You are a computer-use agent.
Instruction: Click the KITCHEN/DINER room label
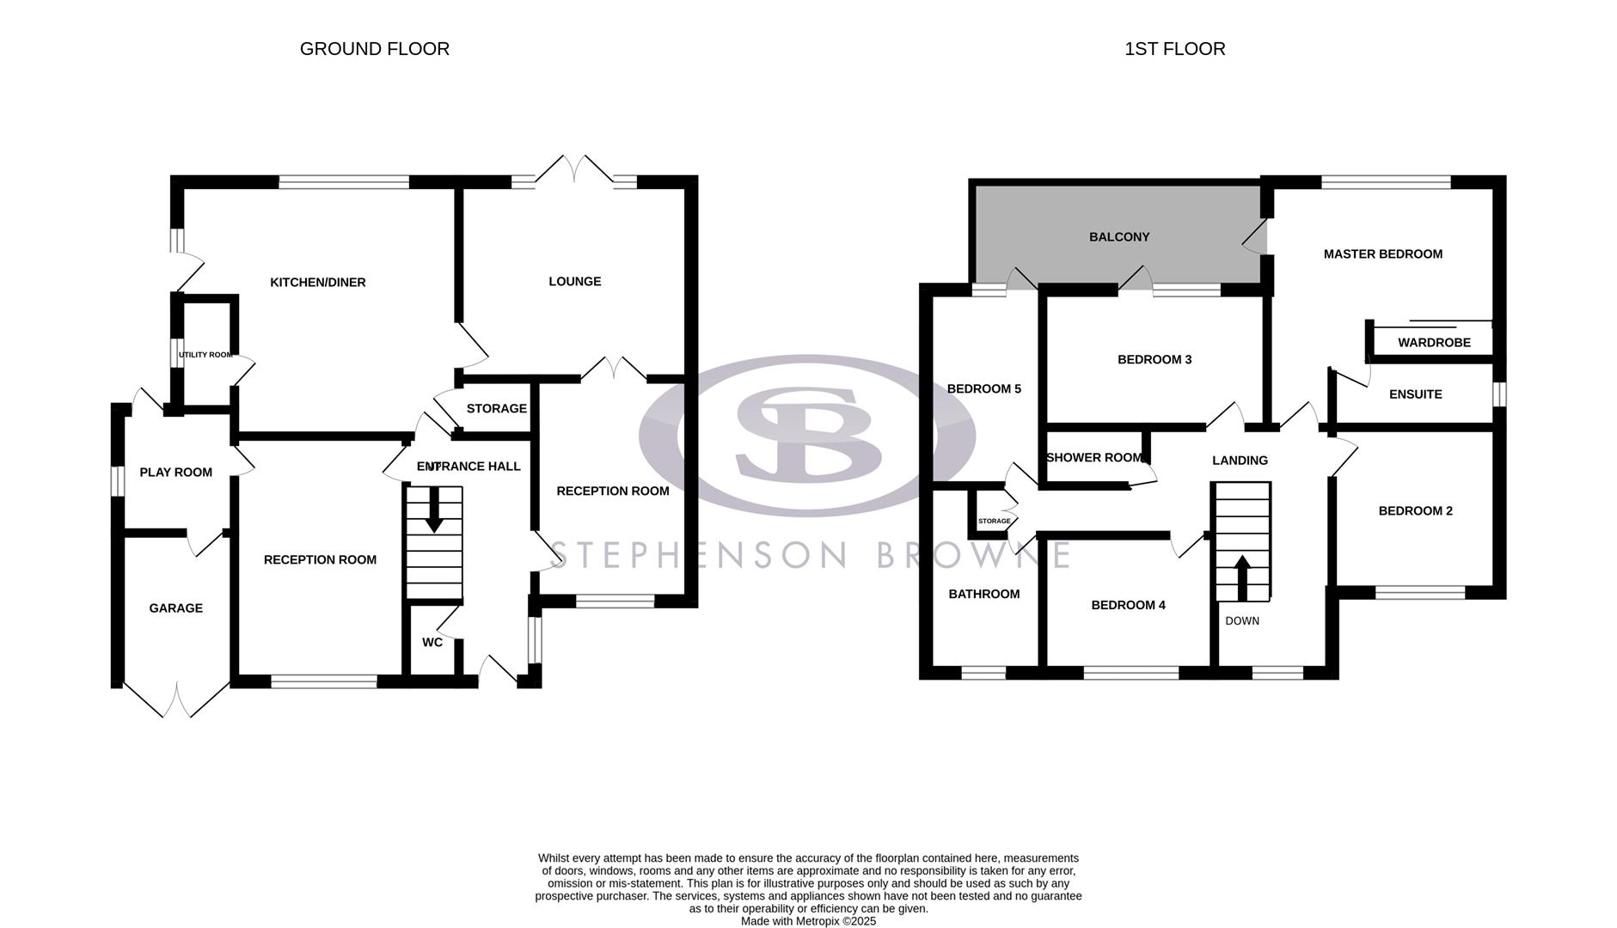[318, 283]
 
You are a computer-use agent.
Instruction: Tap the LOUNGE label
[575, 282]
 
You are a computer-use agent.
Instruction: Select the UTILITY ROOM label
[205, 355]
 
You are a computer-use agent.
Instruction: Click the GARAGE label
[176, 608]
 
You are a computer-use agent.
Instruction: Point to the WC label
[432, 643]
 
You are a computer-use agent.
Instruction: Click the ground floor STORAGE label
[496, 409]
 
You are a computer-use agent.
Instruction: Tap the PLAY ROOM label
[176, 473]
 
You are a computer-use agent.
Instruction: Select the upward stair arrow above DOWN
[1241, 577]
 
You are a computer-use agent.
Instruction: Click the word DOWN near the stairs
[1242, 621]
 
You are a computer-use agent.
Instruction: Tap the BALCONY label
[1119, 237]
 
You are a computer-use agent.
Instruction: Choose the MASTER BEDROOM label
[1383, 254]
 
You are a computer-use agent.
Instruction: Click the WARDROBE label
[1434, 343]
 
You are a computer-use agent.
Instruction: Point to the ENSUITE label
[1416, 394]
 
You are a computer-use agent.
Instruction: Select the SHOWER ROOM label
[1094, 458]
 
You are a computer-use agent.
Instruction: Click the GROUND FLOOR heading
[375, 49]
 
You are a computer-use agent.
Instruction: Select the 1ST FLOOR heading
[1175, 49]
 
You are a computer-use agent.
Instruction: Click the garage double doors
[176, 700]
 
